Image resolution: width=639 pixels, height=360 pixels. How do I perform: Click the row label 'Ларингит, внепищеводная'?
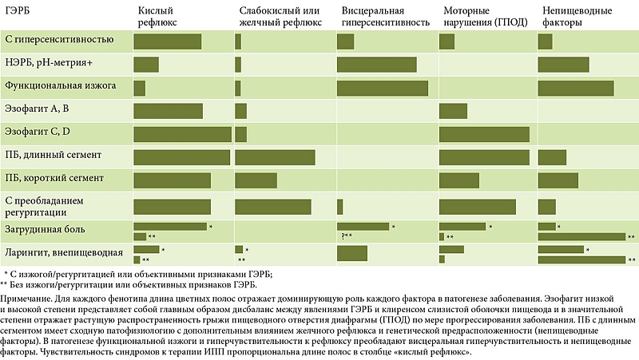click(x=63, y=253)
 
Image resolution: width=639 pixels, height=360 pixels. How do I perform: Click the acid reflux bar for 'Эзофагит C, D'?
click(x=183, y=133)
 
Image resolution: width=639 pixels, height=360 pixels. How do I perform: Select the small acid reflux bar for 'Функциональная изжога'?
click(x=140, y=87)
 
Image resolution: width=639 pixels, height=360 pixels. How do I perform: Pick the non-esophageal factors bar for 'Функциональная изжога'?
click(x=576, y=87)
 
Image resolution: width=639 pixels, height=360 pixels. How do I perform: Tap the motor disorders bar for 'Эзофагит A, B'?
click(x=453, y=110)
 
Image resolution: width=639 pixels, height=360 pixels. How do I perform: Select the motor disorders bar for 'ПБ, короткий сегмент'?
click(x=459, y=180)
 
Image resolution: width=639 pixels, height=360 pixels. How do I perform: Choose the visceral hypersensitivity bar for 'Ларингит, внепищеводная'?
click(x=352, y=254)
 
